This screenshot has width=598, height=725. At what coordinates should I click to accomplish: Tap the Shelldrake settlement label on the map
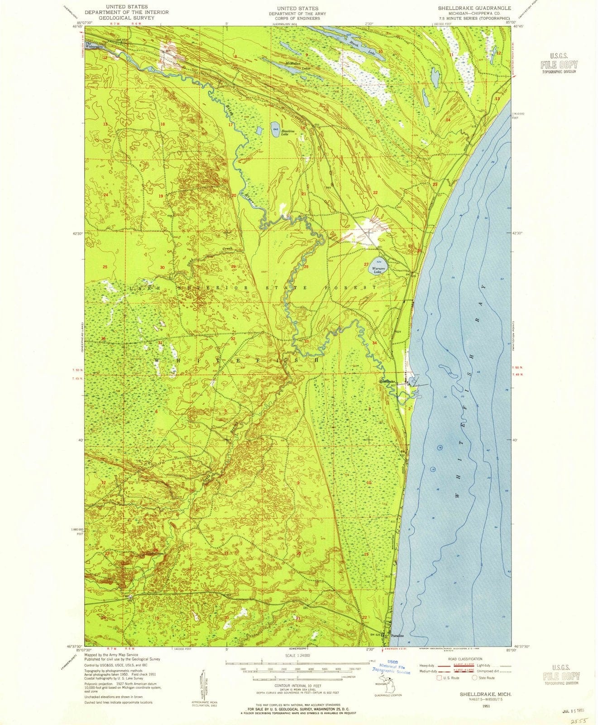[x=388, y=382]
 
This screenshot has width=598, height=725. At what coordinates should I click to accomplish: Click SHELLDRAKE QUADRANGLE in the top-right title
[x=474, y=8]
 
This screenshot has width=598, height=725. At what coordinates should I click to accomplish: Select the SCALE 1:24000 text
[x=297, y=655]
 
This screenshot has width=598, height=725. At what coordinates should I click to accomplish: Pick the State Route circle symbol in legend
[x=475, y=678]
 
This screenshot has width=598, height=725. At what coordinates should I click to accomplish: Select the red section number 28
[x=306, y=267]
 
